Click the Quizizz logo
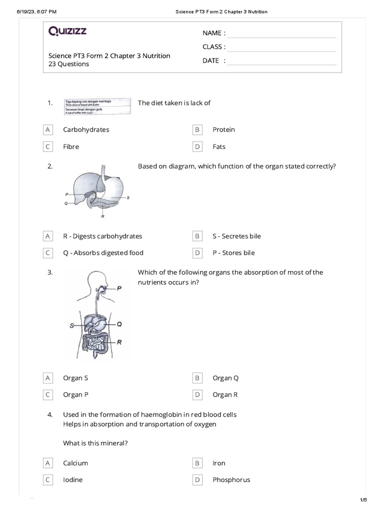pos(67,32)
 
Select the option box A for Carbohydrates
pos(48,129)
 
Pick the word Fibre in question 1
pos(71,147)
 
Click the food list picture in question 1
pos(97,106)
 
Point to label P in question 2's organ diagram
pos(66,193)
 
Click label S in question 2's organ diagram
pos(128,197)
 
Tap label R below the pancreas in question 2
pos(102,216)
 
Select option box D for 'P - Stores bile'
pos(197,253)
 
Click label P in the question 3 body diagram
pos(119,288)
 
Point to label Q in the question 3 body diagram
pos(119,324)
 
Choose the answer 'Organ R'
pos(225,394)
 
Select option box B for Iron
pos(197,463)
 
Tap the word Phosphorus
pos(231,480)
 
